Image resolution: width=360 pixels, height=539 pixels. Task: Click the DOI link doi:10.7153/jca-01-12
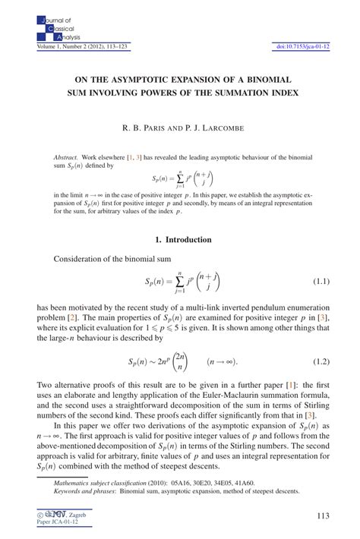(x=301, y=47)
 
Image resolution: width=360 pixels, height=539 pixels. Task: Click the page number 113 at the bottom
(x=322, y=516)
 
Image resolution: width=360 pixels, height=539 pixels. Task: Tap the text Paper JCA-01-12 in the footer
(x=57, y=522)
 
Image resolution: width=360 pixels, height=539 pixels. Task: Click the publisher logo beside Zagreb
(x=60, y=514)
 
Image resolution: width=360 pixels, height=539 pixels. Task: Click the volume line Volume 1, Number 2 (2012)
(x=74, y=47)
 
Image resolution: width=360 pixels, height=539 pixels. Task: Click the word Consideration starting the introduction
(x=78, y=260)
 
